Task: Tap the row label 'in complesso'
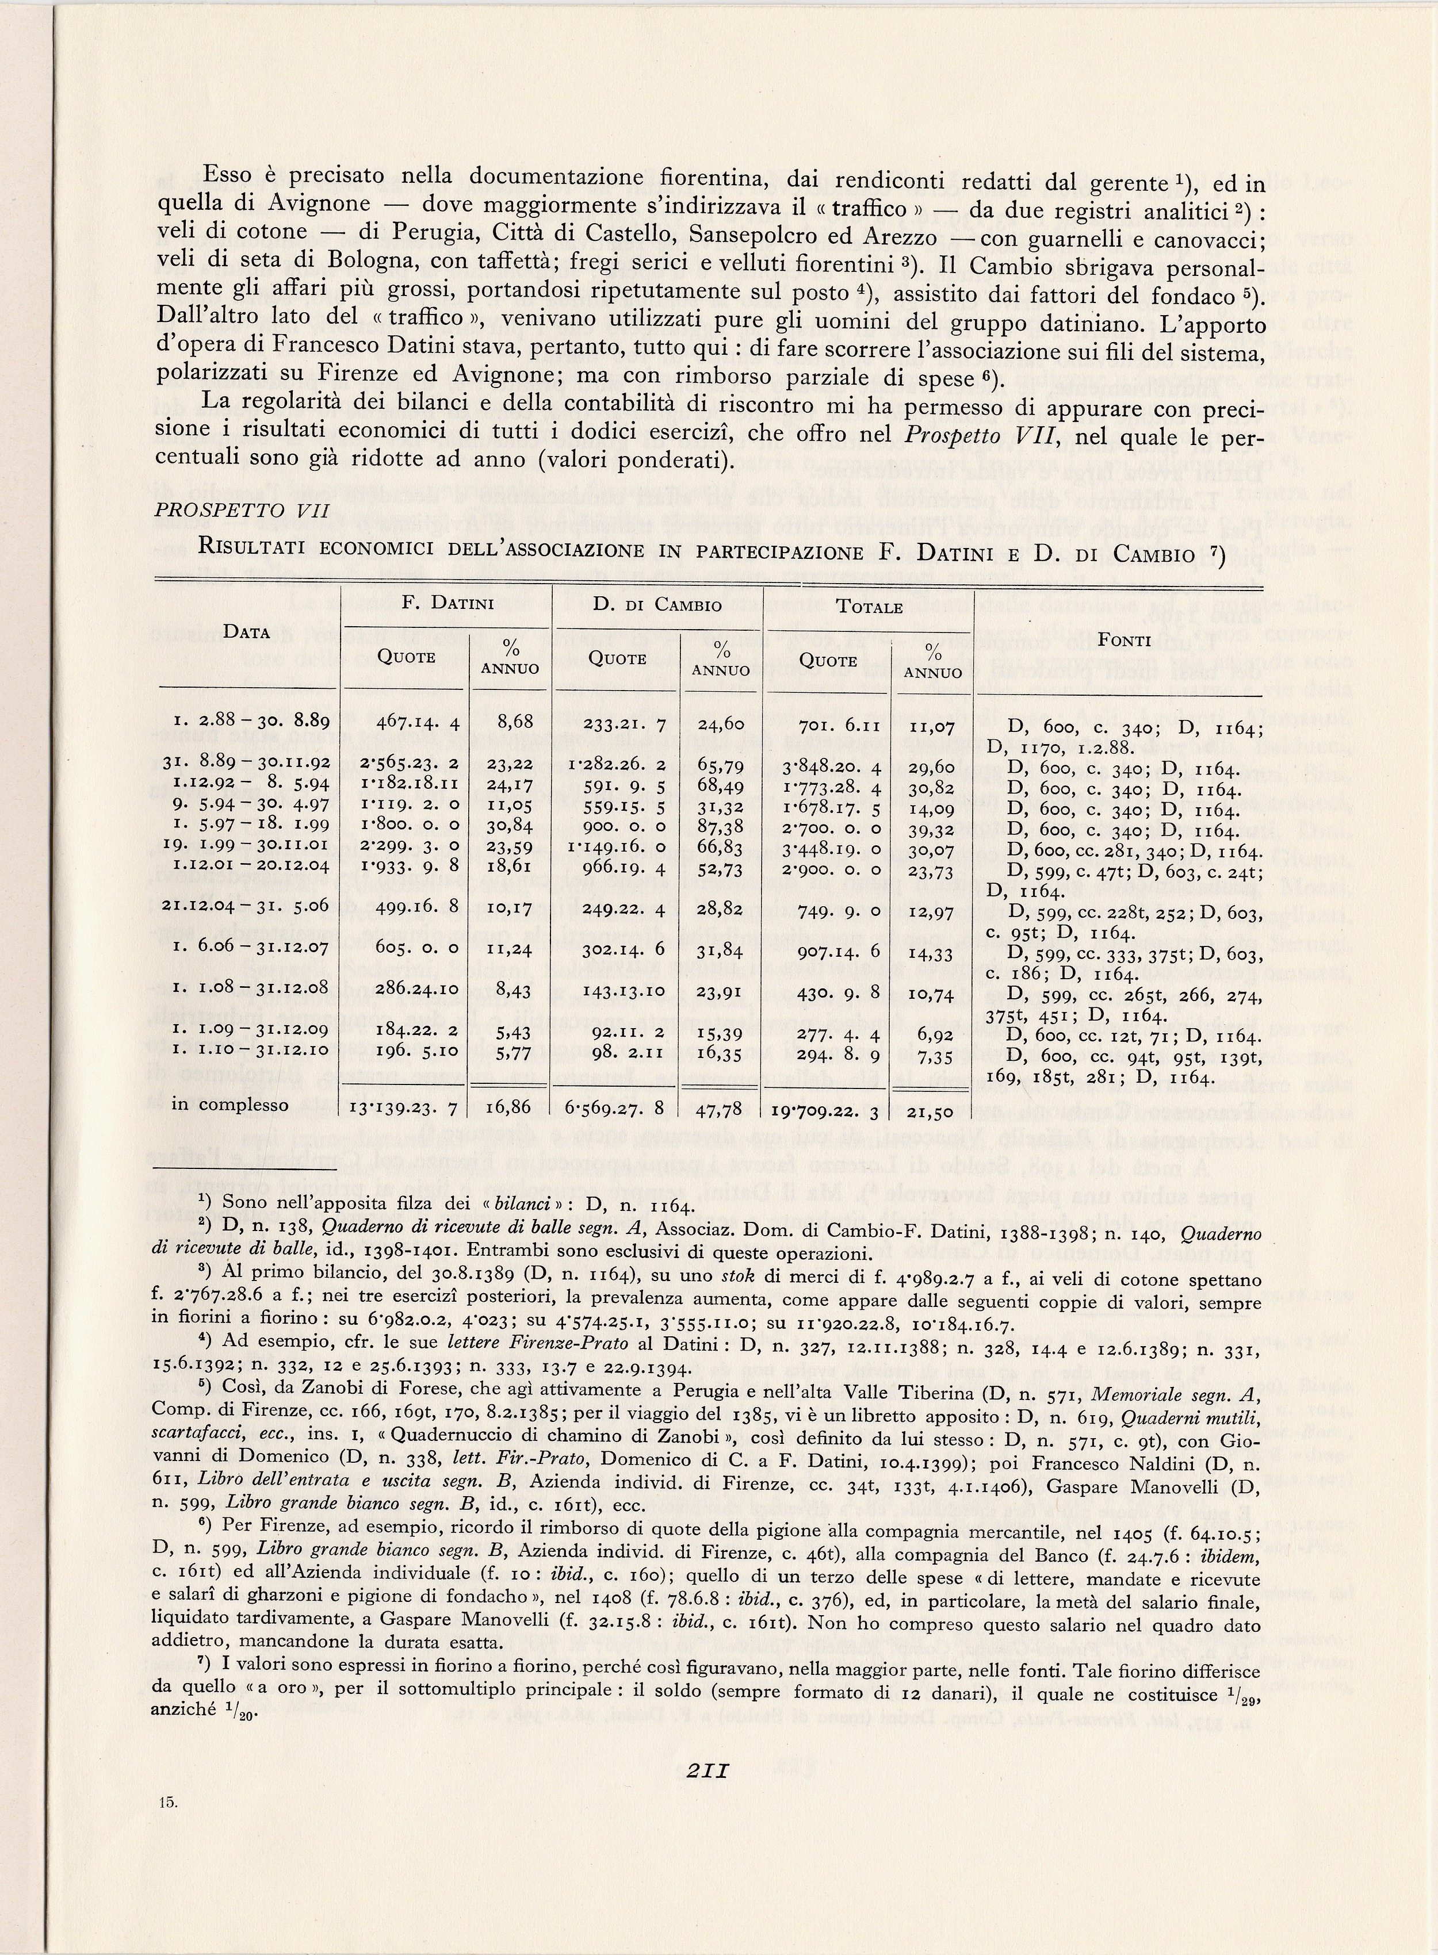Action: tap(231, 1105)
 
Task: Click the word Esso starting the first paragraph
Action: tap(230, 177)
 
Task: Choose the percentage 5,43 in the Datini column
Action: tap(510, 1036)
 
